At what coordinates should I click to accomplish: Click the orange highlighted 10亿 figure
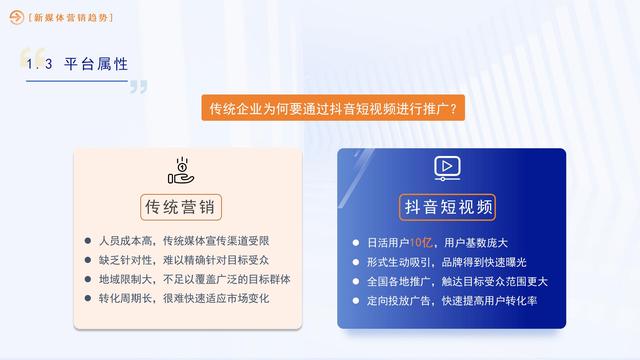point(422,243)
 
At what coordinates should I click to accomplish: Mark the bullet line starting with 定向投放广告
point(451,300)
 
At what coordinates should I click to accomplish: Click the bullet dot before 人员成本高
point(89,241)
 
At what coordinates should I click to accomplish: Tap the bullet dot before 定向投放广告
point(357,300)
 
